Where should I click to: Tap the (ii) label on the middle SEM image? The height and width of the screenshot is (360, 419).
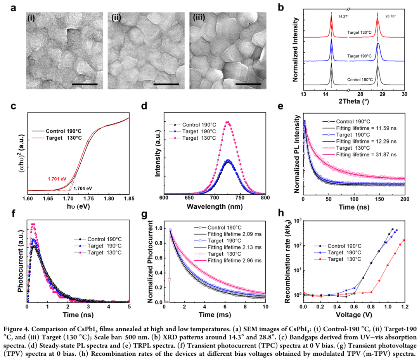tap(116, 18)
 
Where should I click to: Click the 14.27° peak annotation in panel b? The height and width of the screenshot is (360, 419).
tap(343, 17)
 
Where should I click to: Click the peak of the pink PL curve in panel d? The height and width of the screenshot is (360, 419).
tap(228, 122)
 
